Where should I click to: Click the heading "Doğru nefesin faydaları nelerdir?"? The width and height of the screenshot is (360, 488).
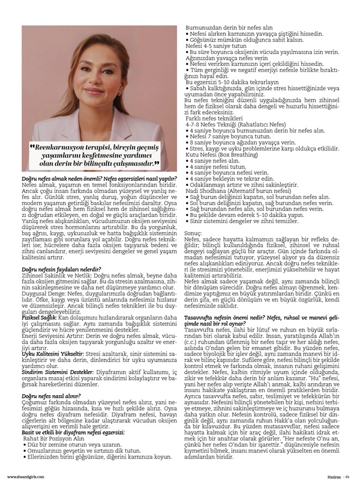tap(59, 270)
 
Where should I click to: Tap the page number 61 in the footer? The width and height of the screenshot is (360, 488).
tap(347, 477)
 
